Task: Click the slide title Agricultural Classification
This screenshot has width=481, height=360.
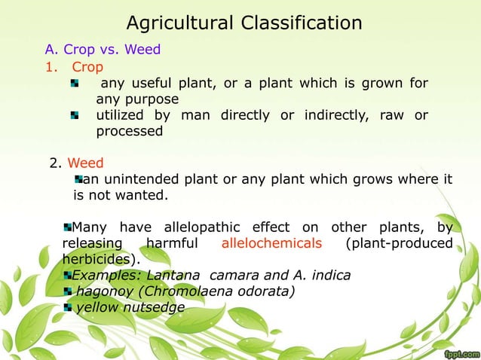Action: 244,23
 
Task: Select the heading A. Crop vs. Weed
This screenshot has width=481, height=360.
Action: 103,50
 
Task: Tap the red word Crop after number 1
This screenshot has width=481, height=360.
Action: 87,67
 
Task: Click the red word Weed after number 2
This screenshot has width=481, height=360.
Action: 86,163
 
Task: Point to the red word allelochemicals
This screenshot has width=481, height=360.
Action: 271,243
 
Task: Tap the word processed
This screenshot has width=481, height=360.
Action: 129,130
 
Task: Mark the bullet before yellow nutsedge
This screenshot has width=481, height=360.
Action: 69,307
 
